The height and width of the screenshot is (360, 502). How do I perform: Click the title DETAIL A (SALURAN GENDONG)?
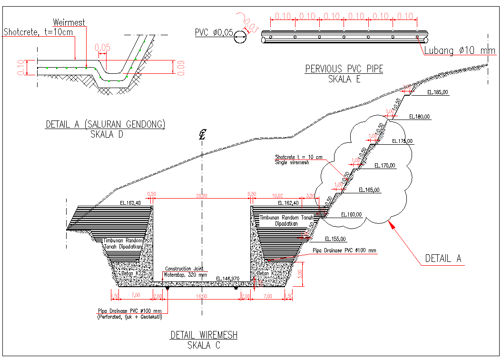point(105,124)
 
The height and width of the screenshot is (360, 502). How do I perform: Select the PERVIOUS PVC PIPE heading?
point(344,69)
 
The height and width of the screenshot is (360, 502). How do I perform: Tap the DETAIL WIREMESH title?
point(204,335)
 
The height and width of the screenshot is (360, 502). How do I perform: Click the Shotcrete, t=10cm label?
point(39,32)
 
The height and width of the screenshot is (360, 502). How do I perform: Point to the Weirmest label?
point(69,22)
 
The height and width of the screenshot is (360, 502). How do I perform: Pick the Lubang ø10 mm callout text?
point(460,51)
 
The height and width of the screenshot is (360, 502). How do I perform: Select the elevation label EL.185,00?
point(438,92)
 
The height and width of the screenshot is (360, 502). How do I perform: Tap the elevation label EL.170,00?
point(385,166)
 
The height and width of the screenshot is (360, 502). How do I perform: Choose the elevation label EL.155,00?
point(335,239)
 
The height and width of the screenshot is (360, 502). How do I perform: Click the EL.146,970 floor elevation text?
point(227,279)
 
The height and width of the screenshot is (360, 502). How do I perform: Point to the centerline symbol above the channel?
point(202,135)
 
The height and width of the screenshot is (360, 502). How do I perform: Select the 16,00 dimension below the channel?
point(201,297)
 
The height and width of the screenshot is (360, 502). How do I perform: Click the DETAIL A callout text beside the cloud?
point(443,258)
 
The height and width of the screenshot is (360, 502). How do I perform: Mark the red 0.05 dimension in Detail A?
point(102,47)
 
